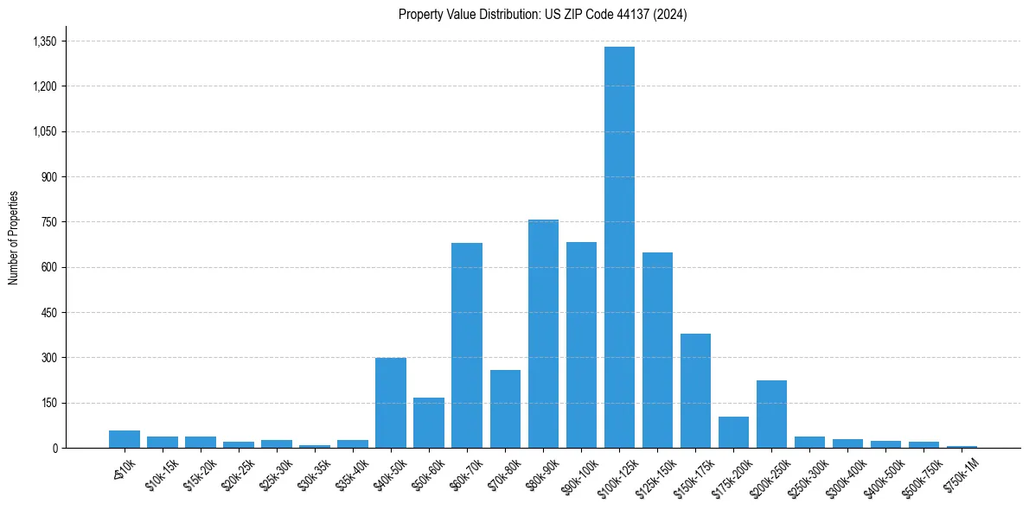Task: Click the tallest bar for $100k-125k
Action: pos(619,247)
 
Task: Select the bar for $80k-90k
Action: pos(543,334)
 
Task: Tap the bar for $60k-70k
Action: pos(467,345)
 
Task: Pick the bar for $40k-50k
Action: pos(391,403)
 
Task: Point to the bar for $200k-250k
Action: pos(771,414)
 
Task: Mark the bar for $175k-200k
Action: pos(733,432)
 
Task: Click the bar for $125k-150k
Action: pos(657,350)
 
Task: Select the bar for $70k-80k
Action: pos(505,409)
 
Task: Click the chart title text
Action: pos(543,15)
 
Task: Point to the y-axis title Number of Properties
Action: pos(14,238)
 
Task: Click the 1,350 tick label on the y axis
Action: pos(43,41)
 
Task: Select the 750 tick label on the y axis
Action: pos(48,222)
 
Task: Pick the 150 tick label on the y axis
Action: pos(48,403)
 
